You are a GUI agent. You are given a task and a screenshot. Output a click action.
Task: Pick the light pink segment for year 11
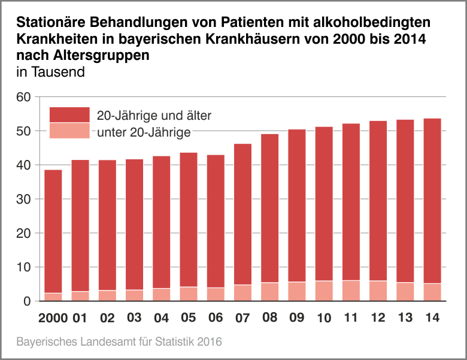[351, 291]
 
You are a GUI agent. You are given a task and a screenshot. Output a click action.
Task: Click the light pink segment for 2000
[53, 297]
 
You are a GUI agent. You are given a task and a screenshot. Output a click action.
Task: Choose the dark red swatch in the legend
[69, 115]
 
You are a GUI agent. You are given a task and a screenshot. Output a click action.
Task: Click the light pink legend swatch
[69, 131]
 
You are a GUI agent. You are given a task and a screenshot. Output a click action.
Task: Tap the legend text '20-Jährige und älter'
[154, 115]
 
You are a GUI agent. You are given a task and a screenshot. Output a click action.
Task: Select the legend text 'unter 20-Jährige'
[144, 132]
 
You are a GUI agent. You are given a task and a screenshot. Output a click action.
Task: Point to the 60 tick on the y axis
[23, 97]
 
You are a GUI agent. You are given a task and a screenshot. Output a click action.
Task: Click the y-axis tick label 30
[23, 199]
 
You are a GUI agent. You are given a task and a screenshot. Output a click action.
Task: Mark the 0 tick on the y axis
[27, 301]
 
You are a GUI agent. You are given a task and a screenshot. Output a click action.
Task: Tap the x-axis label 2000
[53, 317]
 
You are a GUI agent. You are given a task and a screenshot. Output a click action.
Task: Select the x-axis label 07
[242, 317]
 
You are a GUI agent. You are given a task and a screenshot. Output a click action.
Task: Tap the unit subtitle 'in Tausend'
[50, 72]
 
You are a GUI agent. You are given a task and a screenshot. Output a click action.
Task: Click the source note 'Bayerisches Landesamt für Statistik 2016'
[119, 342]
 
